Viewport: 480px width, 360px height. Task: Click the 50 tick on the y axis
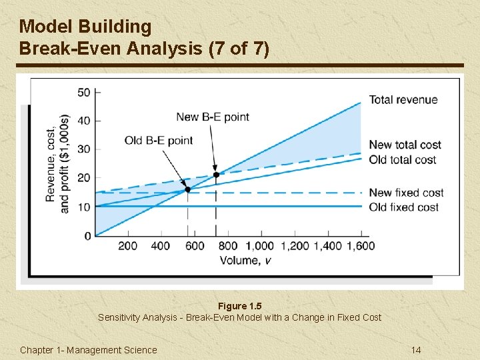pyautogui.click(x=84, y=92)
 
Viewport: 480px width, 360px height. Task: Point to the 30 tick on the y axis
pyautogui.click(x=84, y=149)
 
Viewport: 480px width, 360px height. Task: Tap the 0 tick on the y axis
pyautogui.click(x=87, y=236)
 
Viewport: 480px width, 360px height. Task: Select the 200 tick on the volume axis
pyautogui.click(x=128, y=246)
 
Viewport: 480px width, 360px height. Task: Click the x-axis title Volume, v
pyautogui.click(x=245, y=260)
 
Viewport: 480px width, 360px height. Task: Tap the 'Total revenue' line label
pyautogui.click(x=403, y=100)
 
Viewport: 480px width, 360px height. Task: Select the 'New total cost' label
pyautogui.click(x=405, y=145)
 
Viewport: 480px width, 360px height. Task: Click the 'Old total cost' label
pyautogui.click(x=402, y=159)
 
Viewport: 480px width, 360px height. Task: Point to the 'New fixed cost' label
pyautogui.click(x=406, y=193)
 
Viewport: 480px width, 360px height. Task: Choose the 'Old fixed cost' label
pyautogui.click(x=403, y=207)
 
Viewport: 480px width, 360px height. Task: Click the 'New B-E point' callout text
pyautogui.click(x=212, y=117)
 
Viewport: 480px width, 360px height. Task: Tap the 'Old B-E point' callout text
pyautogui.click(x=159, y=140)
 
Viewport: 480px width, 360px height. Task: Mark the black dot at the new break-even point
pyautogui.click(x=215, y=175)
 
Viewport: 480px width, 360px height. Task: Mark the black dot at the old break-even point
pyautogui.click(x=187, y=189)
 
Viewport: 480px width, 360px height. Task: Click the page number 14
pyautogui.click(x=416, y=350)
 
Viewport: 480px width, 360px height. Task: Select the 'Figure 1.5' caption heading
pyautogui.click(x=239, y=306)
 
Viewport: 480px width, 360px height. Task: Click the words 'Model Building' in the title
pyautogui.click(x=85, y=27)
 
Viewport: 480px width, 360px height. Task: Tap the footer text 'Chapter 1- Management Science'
pyautogui.click(x=89, y=350)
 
